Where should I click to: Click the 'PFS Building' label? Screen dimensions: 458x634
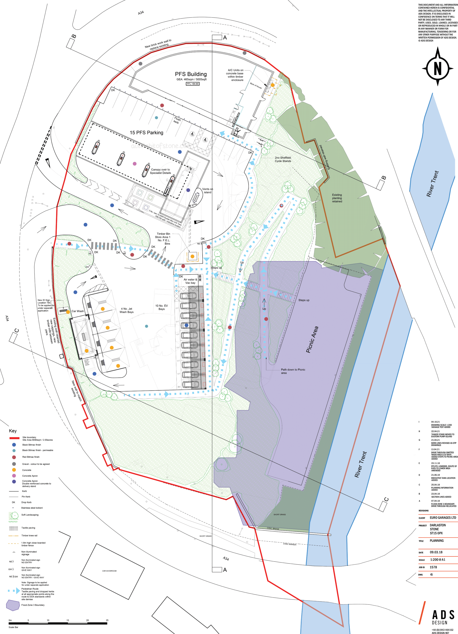(x=191, y=74)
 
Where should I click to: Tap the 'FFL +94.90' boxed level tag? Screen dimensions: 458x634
(x=193, y=84)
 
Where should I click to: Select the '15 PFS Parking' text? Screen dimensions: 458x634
(x=146, y=132)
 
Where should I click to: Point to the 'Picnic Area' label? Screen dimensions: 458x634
(x=312, y=339)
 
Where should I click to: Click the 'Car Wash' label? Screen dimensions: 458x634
(x=77, y=311)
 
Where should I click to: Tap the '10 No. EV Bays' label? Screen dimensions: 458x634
(x=161, y=307)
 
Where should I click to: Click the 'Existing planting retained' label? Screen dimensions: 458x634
(x=337, y=198)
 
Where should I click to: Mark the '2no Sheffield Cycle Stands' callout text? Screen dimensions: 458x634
(x=283, y=159)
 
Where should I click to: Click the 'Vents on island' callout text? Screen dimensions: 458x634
(x=207, y=191)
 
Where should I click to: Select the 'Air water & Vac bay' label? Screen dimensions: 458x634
(x=190, y=281)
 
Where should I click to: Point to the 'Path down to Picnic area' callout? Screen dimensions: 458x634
(x=292, y=371)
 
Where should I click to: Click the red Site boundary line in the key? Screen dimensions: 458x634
(x=14, y=438)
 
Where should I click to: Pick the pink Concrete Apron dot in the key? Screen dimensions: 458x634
(x=14, y=475)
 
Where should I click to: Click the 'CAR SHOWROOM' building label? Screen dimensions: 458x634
(x=109, y=571)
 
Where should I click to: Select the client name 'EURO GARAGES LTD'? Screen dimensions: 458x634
(x=443, y=518)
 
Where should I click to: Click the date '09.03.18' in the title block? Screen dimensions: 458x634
(x=436, y=552)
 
